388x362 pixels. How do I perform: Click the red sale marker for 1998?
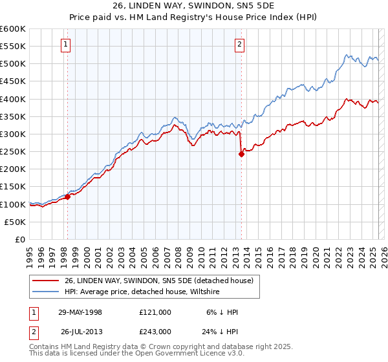[x=67, y=197]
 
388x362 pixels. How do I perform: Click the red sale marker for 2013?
[x=241, y=154]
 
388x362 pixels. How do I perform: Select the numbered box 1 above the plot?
[x=67, y=45]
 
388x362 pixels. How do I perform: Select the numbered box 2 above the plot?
[x=239, y=45]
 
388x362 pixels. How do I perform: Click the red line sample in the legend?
[x=46, y=281]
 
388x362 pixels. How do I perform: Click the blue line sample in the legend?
[x=46, y=292]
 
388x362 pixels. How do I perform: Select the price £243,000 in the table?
[x=155, y=331]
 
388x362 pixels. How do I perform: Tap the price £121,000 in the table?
[x=155, y=312]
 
